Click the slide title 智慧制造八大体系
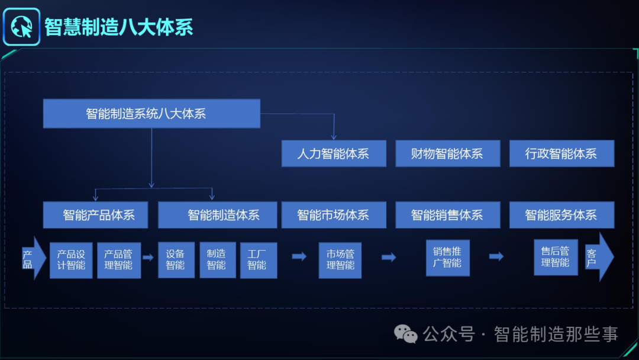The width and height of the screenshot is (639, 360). (x=119, y=27)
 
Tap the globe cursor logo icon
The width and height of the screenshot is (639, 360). (x=21, y=27)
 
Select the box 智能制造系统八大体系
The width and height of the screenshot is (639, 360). (x=151, y=113)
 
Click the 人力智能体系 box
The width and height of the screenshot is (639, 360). (x=334, y=153)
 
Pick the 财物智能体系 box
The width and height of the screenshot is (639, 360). (x=447, y=153)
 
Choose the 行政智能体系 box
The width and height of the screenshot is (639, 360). (x=561, y=153)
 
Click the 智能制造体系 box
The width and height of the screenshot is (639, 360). (x=217, y=215)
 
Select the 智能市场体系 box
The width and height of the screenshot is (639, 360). (x=334, y=215)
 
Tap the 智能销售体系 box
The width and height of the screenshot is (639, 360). (x=447, y=215)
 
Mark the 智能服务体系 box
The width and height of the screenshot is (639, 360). (x=561, y=215)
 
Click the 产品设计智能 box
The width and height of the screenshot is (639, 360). (x=71, y=260)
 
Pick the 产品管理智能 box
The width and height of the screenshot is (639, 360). (x=119, y=260)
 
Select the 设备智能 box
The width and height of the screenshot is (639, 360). (x=176, y=260)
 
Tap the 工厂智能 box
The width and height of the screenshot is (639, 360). (x=258, y=260)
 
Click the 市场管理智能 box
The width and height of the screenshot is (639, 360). (x=340, y=260)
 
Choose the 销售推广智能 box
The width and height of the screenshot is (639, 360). (x=447, y=258)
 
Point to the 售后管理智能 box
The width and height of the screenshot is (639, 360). (x=556, y=257)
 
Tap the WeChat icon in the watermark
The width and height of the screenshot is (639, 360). (x=406, y=334)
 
